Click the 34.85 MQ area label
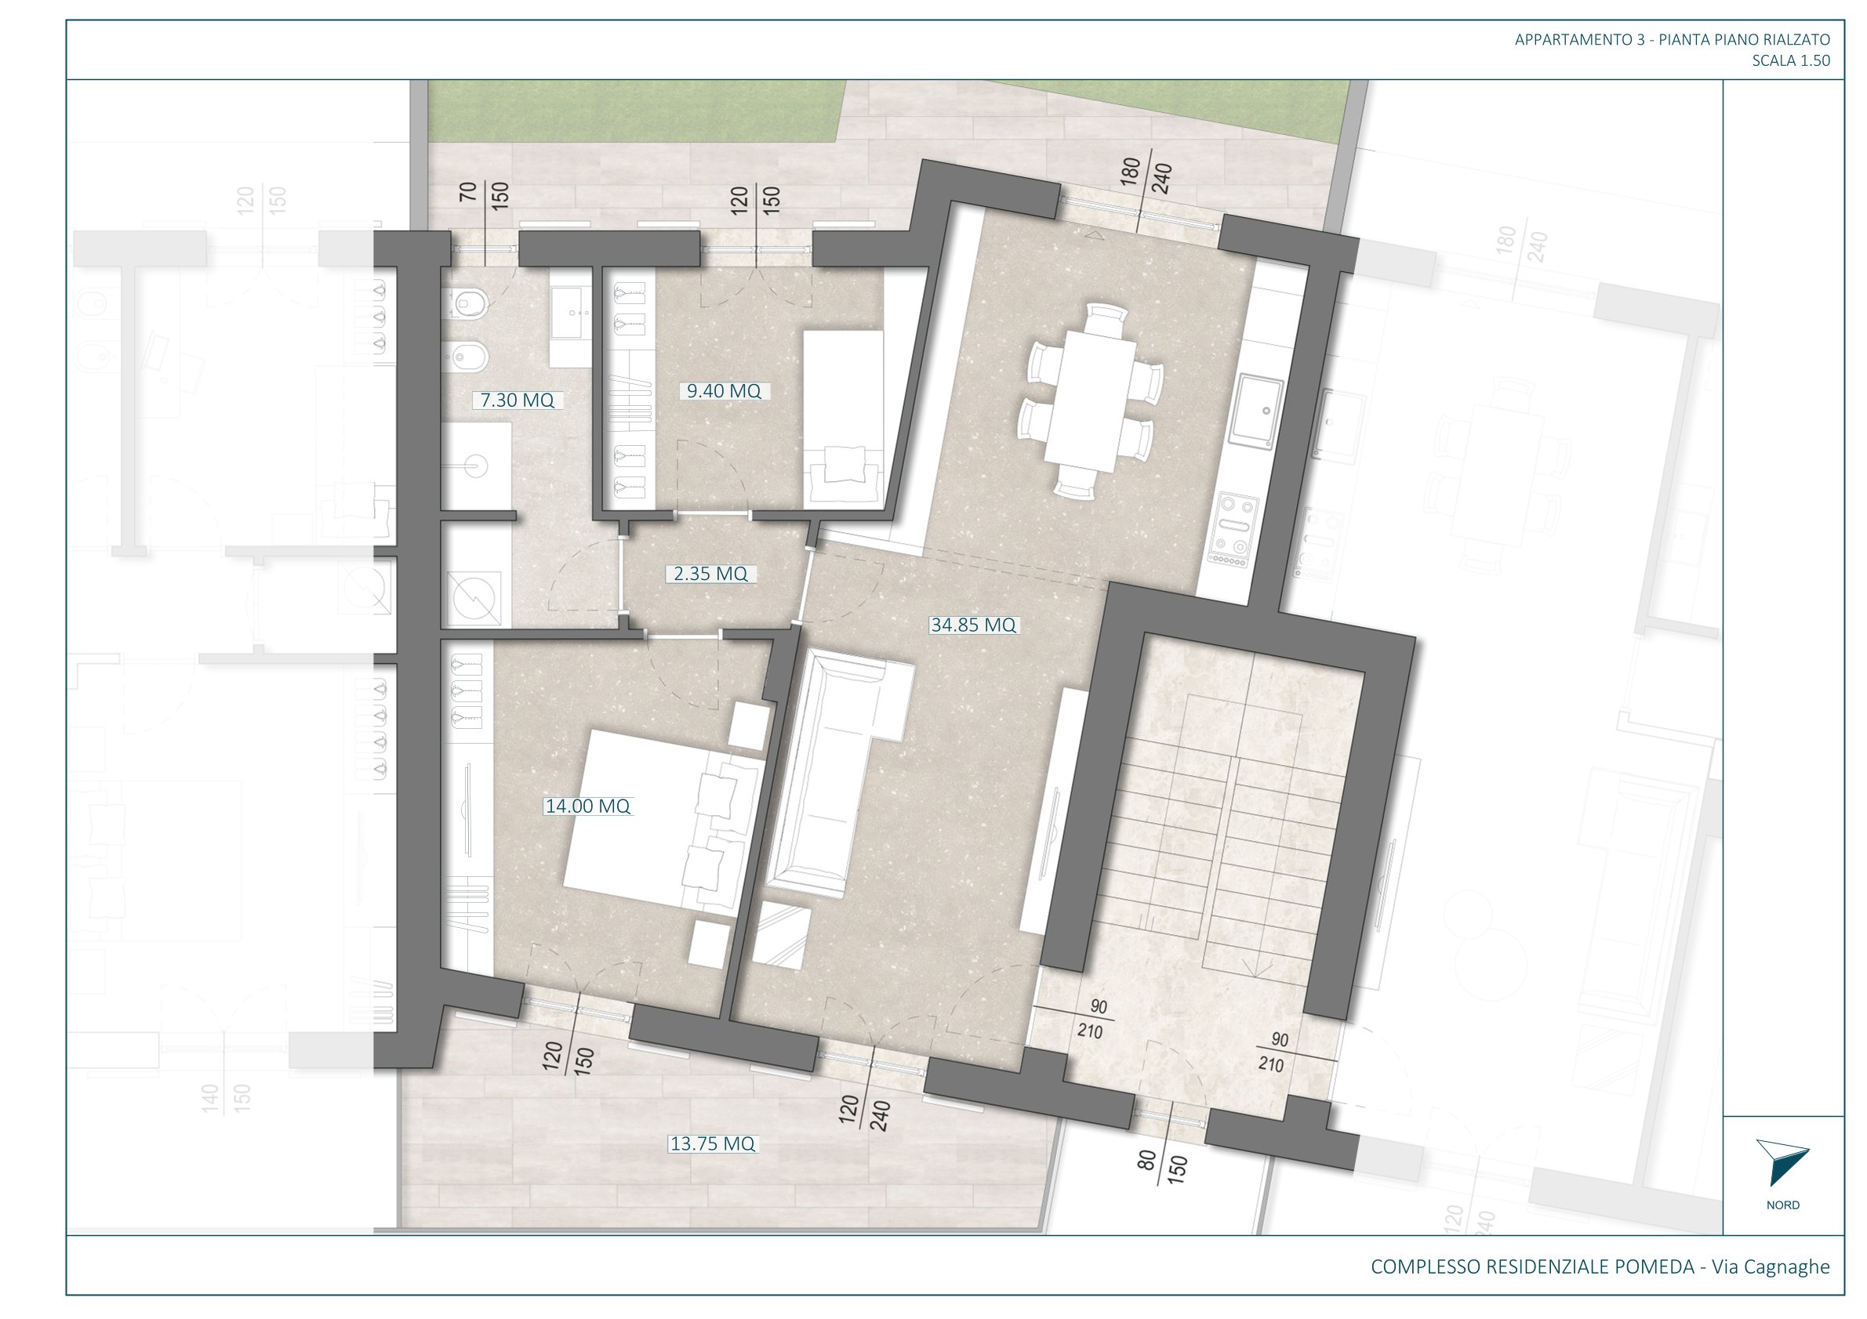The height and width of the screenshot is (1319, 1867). pos(973,625)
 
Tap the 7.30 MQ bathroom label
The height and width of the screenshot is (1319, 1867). pos(518,400)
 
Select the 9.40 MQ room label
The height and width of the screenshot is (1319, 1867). pos(724,391)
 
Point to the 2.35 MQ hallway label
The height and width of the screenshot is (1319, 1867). pos(710,574)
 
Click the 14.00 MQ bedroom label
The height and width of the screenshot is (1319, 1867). pos(588,806)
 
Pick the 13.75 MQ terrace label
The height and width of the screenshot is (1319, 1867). pos(712,1144)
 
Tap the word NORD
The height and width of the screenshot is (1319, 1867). pos(1783,1205)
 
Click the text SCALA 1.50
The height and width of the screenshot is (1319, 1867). pos(1792,60)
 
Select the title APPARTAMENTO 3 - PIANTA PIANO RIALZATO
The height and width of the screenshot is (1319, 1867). pos(1673,39)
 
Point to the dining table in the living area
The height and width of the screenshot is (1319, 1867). pos(1091,400)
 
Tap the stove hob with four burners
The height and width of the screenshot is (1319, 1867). pos(1232,529)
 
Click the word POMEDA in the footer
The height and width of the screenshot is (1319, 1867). pos(1654,1267)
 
